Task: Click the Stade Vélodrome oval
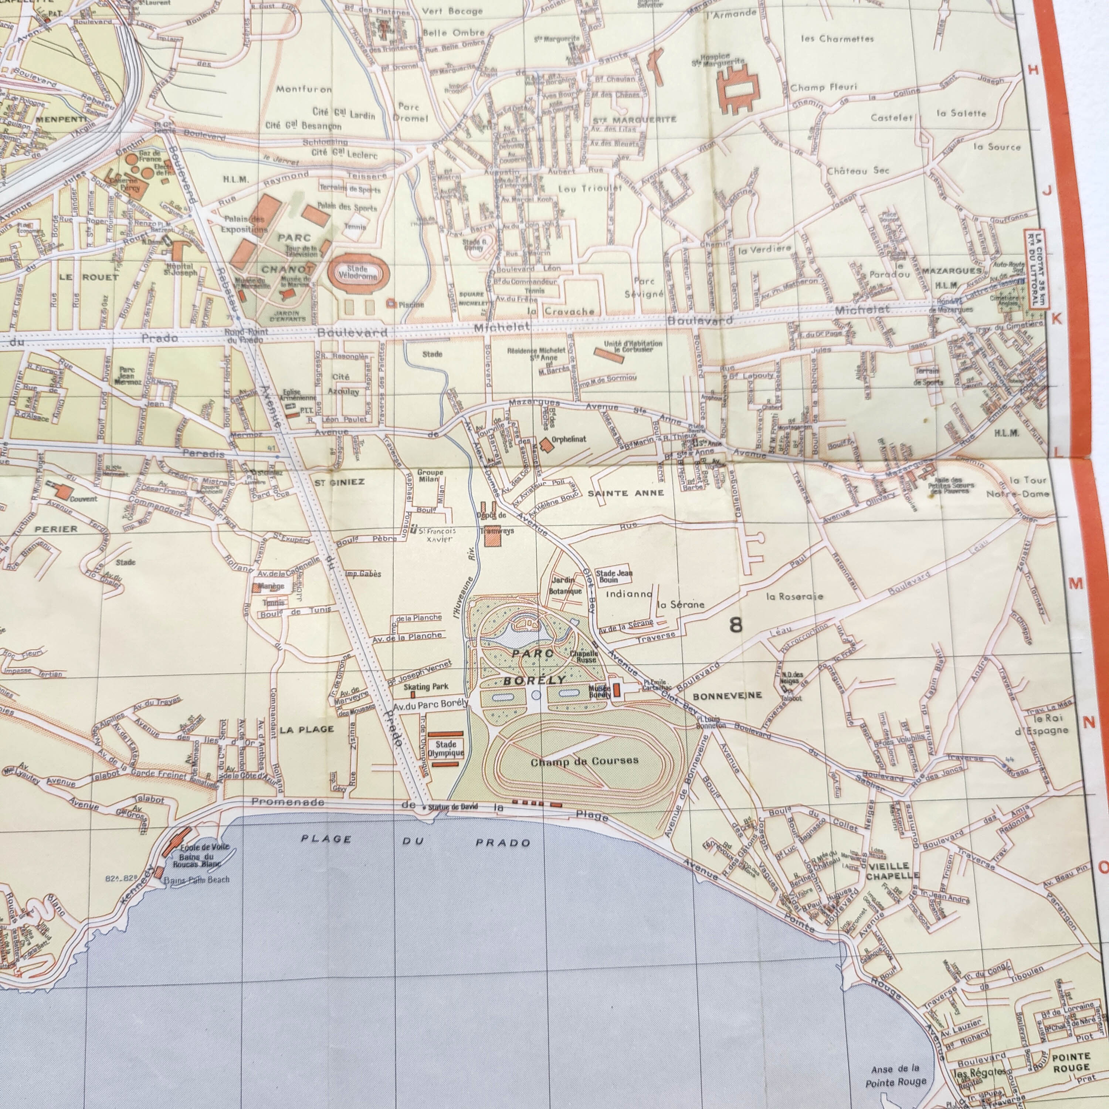[357, 273]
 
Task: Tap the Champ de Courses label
[584, 762]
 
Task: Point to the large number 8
[735, 624]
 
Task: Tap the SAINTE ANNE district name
[626, 493]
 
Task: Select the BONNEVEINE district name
[727, 696]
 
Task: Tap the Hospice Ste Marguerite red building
[737, 89]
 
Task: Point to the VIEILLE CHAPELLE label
[891, 871]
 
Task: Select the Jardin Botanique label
[566, 586]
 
